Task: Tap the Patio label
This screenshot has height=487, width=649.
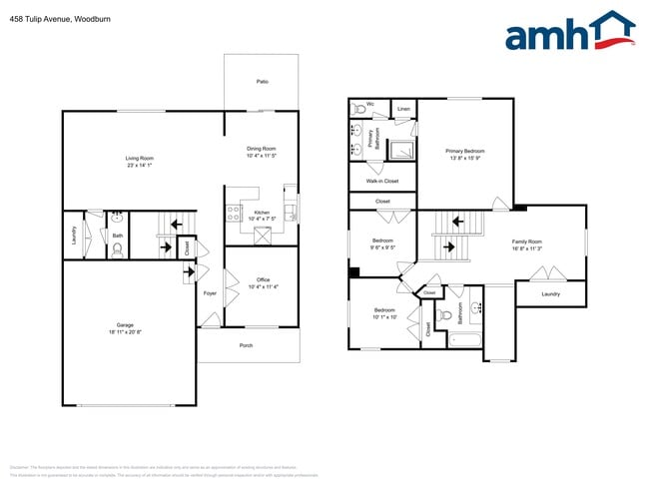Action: (x=262, y=82)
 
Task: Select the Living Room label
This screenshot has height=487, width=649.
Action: (x=139, y=159)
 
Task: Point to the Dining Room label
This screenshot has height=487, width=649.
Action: (x=261, y=150)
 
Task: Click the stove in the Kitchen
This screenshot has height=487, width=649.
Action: (x=232, y=214)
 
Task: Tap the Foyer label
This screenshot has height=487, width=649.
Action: (x=210, y=293)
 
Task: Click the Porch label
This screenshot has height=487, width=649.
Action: (x=246, y=346)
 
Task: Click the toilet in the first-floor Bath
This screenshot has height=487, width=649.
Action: (x=117, y=252)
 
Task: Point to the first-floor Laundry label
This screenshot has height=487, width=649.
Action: (x=74, y=236)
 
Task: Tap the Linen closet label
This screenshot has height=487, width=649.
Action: (x=403, y=108)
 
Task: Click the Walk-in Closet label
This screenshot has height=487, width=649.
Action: (x=381, y=181)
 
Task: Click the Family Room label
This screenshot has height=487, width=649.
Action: (x=526, y=242)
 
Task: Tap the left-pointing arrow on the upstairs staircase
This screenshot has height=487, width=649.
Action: (x=459, y=222)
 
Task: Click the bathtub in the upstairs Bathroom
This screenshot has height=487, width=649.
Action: (x=464, y=340)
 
